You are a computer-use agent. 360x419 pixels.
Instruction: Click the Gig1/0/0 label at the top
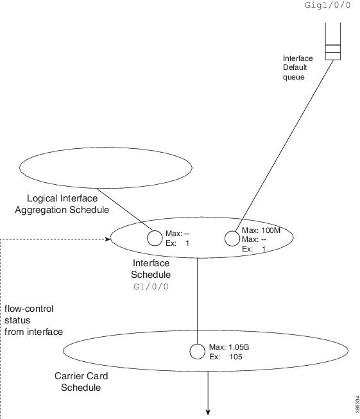(328, 4)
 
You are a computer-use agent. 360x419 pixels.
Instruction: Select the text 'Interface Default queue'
(298, 67)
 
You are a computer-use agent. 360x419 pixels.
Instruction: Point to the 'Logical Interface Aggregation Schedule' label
(62, 204)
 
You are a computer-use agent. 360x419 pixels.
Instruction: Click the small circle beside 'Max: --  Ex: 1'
(155, 238)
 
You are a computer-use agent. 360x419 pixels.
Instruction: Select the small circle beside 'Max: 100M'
(232, 238)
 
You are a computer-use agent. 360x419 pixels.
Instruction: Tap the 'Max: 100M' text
(261, 230)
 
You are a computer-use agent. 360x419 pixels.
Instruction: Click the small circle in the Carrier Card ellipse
(198, 352)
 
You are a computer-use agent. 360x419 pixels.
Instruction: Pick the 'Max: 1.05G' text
(229, 347)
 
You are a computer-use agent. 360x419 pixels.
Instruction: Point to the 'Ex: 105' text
(226, 357)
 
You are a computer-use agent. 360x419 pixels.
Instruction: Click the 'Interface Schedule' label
(151, 269)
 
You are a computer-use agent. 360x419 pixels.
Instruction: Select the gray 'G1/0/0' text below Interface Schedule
(151, 287)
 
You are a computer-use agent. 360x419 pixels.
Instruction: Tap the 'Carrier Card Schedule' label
(81, 382)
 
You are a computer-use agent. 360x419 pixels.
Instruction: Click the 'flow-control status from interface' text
(33, 320)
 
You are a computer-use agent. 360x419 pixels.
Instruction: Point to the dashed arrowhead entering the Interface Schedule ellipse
(108, 239)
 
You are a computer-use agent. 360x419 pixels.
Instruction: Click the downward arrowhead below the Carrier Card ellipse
(208, 412)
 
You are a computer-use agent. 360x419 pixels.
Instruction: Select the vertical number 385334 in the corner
(357, 404)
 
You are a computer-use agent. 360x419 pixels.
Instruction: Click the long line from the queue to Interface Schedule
(284, 146)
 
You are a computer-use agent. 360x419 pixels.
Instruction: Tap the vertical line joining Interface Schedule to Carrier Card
(197, 301)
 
